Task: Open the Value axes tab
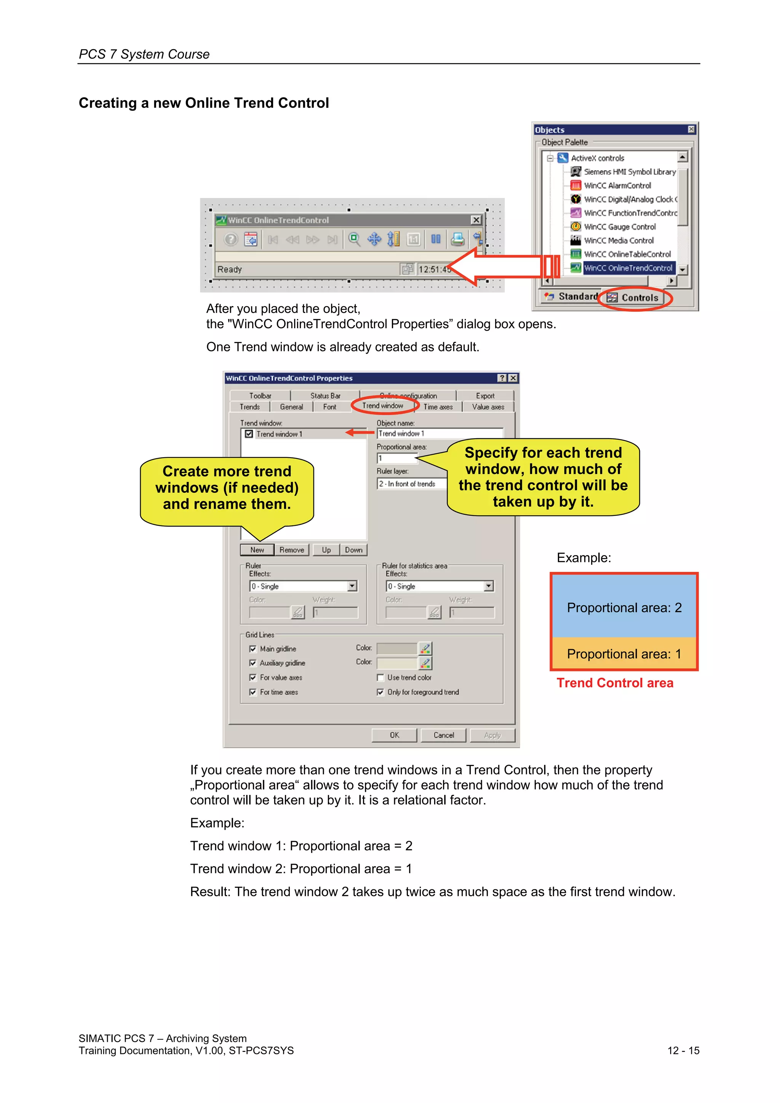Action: [488, 407]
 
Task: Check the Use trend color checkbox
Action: [380, 677]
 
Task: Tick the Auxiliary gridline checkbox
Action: [253, 663]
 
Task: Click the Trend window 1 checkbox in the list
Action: [249, 434]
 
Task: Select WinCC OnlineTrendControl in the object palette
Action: [628, 268]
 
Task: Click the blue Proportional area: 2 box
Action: [624, 607]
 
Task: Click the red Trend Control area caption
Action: [615, 683]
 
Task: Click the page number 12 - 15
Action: [683, 1050]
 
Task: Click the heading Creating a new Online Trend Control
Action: [204, 103]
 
